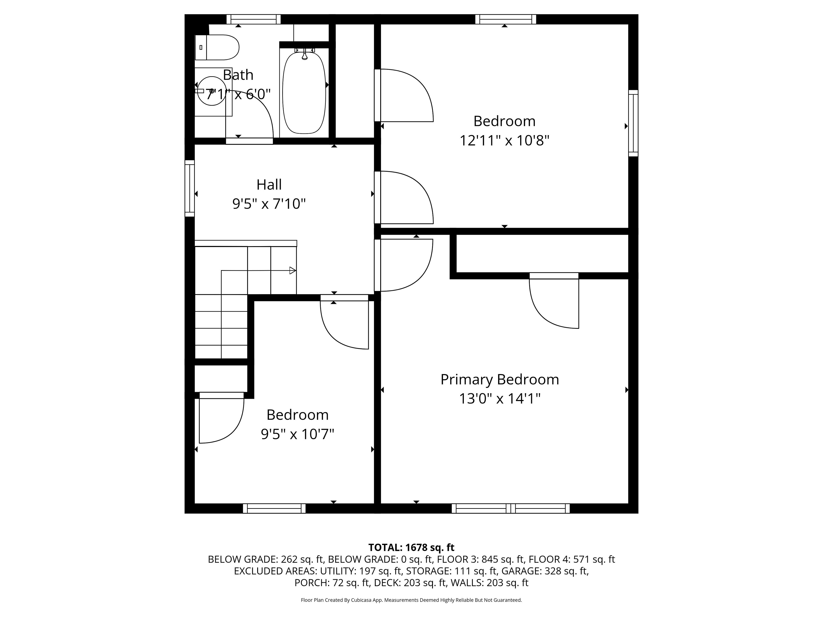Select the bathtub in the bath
point(304,93)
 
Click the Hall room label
point(269,184)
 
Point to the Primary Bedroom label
point(500,380)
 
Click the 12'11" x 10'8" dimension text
point(505,141)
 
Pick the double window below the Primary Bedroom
point(511,508)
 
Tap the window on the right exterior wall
point(633,123)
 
